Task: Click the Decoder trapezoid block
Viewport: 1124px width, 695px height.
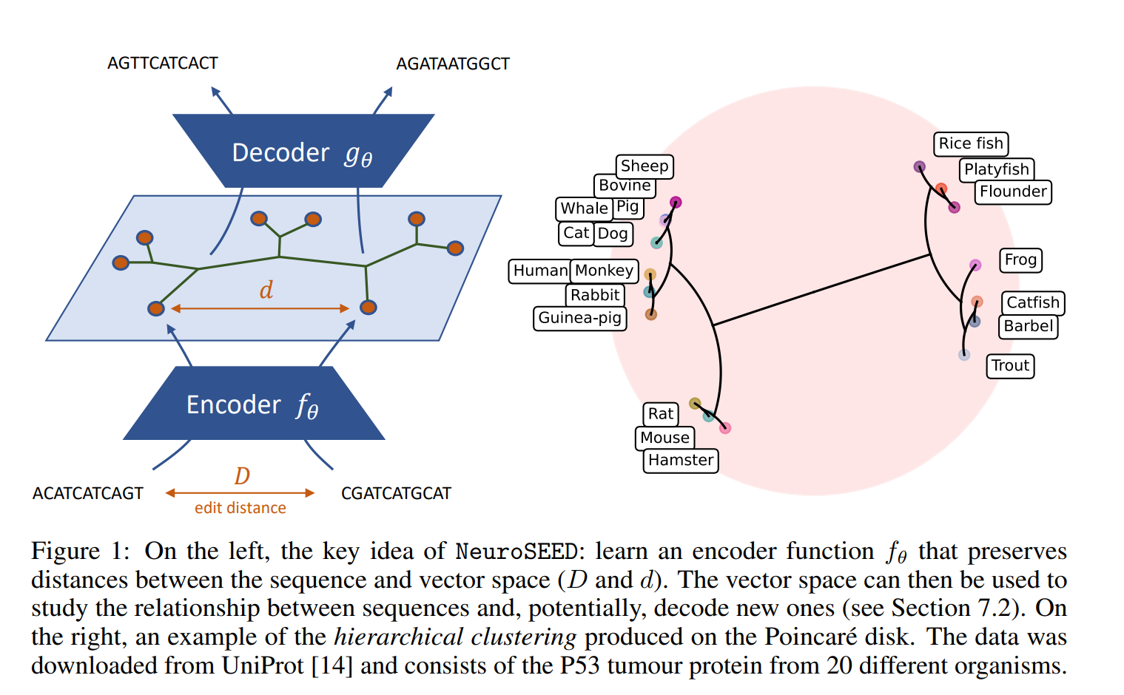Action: [x=303, y=152]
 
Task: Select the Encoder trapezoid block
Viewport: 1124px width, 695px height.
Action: [x=254, y=404]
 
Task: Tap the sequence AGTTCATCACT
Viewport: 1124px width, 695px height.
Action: [x=163, y=64]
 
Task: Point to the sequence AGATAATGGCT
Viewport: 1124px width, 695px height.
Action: [x=453, y=64]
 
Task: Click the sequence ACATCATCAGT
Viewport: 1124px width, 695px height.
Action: [x=88, y=493]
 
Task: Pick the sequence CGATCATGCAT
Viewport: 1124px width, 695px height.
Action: [x=396, y=493]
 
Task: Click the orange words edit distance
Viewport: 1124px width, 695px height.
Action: [x=240, y=508]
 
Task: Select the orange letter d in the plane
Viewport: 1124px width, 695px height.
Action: [x=266, y=290]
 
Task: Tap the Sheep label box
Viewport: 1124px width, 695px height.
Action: [x=645, y=166]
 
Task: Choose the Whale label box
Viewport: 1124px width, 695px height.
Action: [x=584, y=208]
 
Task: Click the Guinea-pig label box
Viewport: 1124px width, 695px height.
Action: [x=579, y=318]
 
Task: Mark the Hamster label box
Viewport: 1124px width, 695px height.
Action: [x=681, y=460]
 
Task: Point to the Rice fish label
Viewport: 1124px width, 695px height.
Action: [x=971, y=143]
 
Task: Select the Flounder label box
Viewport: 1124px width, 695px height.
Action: [x=1013, y=191]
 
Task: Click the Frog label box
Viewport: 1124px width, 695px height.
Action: [x=1020, y=260]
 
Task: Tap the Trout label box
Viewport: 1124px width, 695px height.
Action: [x=1010, y=365]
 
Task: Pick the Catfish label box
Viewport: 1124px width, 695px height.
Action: [x=1033, y=302]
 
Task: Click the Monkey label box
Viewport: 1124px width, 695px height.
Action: [x=604, y=271]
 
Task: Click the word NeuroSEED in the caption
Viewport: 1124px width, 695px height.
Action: [x=516, y=552]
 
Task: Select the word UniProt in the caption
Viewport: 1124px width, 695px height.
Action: [x=263, y=665]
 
